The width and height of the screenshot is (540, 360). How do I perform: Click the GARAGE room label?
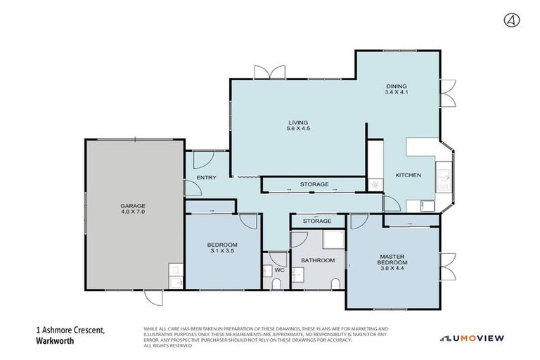(x=132, y=206)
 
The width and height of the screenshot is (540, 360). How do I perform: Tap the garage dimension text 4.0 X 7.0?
(x=132, y=212)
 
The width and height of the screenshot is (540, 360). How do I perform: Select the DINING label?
(x=396, y=86)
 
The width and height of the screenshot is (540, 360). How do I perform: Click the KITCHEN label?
(x=408, y=175)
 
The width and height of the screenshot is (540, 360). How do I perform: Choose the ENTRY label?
(x=207, y=177)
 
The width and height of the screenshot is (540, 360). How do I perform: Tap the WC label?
(x=278, y=269)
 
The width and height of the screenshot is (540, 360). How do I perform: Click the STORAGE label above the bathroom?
(x=317, y=221)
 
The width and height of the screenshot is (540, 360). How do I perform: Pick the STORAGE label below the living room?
(x=314, y=184)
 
